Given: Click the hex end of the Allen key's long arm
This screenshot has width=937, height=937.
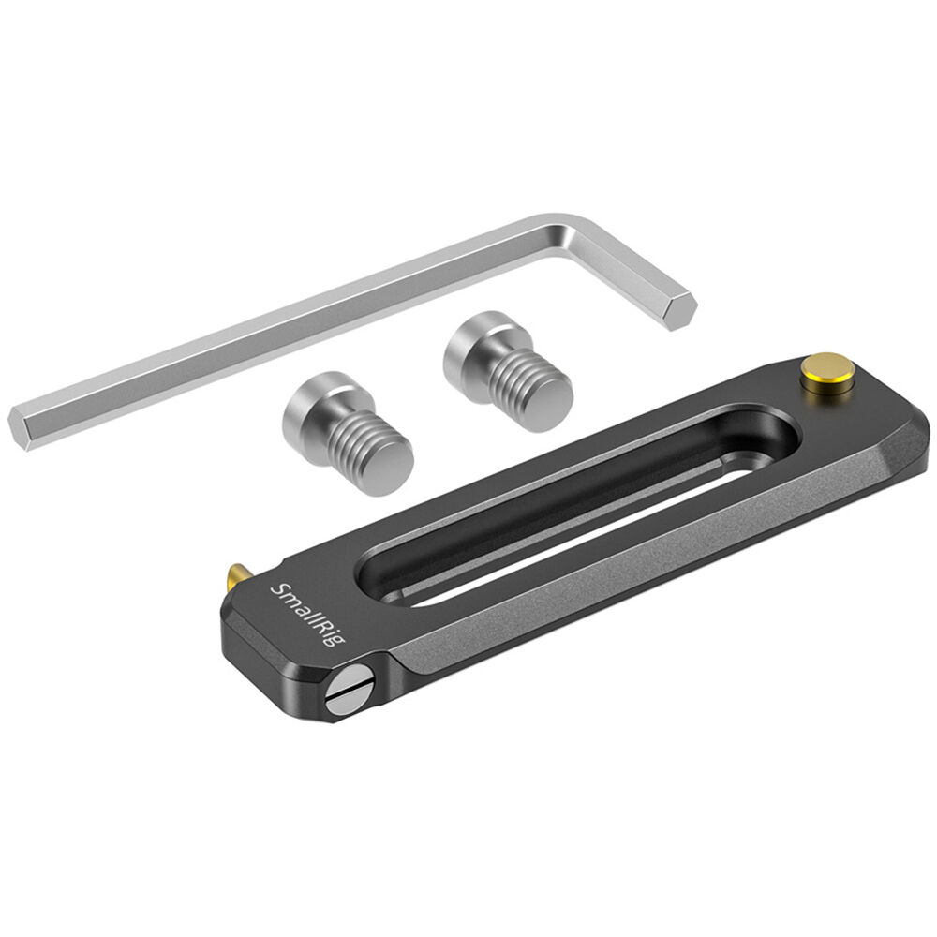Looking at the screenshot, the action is [21, 426].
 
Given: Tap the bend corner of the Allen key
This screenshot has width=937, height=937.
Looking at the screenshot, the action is [573, 233].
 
